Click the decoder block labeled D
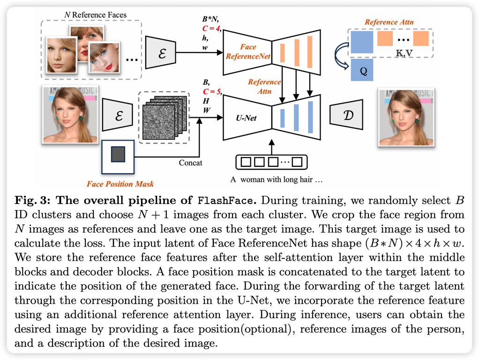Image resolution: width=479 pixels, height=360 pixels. pyautogui.click(x=346, y=114)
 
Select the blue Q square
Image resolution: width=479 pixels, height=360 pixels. pyautogui.click(x=362, y=70)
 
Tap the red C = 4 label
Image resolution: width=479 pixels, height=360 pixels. pyautogui.click(x=211, y=29)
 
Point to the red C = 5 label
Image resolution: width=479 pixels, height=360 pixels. pyautogui.click(x=212, y=91)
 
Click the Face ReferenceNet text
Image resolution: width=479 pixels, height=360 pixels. pyautogui.click(x=248, y=52)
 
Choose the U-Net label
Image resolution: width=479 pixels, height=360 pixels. pyautogui.click(x=246, y=118)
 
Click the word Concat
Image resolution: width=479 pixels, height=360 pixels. pyautogui.click(x=190, y=163)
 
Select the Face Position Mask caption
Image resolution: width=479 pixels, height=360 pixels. pyautogui.click(x=120, y=184)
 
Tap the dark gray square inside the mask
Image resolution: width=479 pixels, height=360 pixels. pyautogui.click(x=118, y=154)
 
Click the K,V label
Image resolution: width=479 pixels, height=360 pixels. pyautogui.click(x=404, y=53)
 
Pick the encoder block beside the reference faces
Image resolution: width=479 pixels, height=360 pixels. pyautogui.click(x=161, y=52)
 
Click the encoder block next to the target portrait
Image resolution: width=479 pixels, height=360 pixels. pyautogui.click(x=117, y=114)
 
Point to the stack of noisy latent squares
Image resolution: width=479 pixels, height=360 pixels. pyautogui.click(x=165, y=118)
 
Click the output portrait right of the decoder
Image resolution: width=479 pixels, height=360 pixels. pyautogui.click(x=406, y=118)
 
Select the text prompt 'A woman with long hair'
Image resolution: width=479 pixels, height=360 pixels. pyautogui.click(x=276, y=180)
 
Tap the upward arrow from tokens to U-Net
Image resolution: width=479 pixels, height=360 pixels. pyautogui.click(x=271, y=147)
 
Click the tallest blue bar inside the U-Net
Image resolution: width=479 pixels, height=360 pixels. pyautogui.click(x=310, y=117)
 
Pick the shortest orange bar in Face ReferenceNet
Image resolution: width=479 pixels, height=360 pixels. pyautogui.click(x=282, y=53)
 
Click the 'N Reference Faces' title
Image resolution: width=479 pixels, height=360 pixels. pyautogui.click(x=95, y=15)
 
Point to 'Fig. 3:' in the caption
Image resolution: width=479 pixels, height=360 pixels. pyautogui.click(x=32, y=201)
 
